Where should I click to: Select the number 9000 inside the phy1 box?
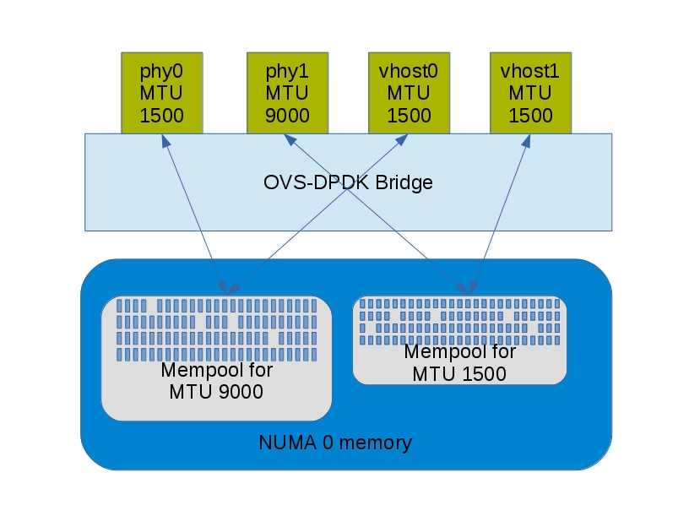coord(287,115)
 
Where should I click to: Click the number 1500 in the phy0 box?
coord(161,115)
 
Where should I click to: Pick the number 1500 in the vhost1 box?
coord(530,115)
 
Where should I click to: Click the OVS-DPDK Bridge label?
coord(348,182)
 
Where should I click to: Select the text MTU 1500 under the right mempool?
coord(459,373)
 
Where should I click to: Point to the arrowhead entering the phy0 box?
coord(164,139)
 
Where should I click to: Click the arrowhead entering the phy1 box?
coord(291,139)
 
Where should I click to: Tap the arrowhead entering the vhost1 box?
coord(527,139)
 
